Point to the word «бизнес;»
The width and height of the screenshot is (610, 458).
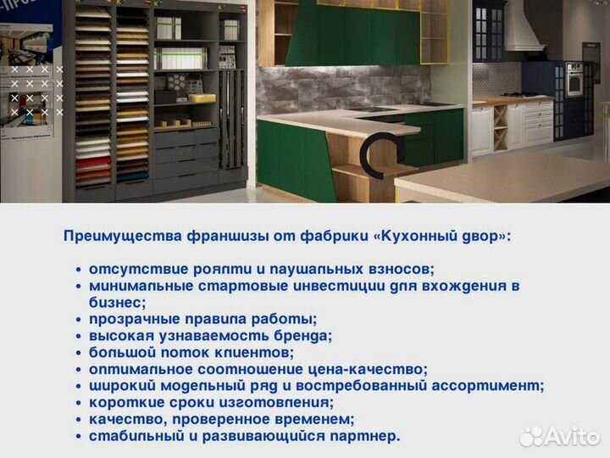coord(118,302)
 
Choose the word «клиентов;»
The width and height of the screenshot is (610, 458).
coord(252,352)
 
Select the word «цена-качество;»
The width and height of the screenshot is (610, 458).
coord(369,369)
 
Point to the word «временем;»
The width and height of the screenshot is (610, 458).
coord(313,419)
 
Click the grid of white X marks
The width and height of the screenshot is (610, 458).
coord(36,90)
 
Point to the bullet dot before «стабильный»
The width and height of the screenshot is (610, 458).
coord(79,436)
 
